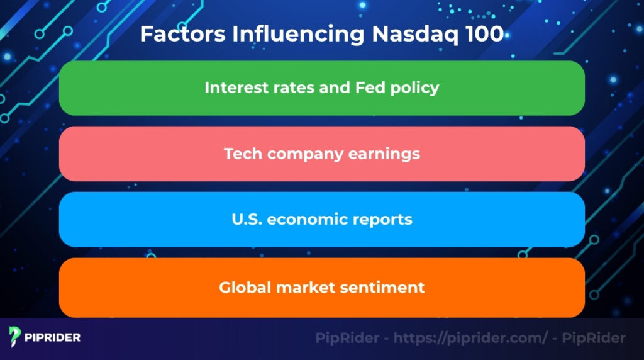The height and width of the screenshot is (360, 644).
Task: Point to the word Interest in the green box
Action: [x=232, y=87]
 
